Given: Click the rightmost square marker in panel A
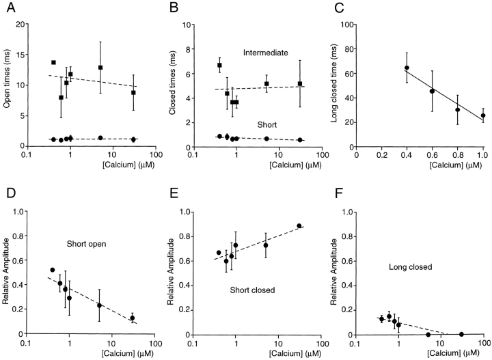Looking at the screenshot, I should [x=133, y=92].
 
